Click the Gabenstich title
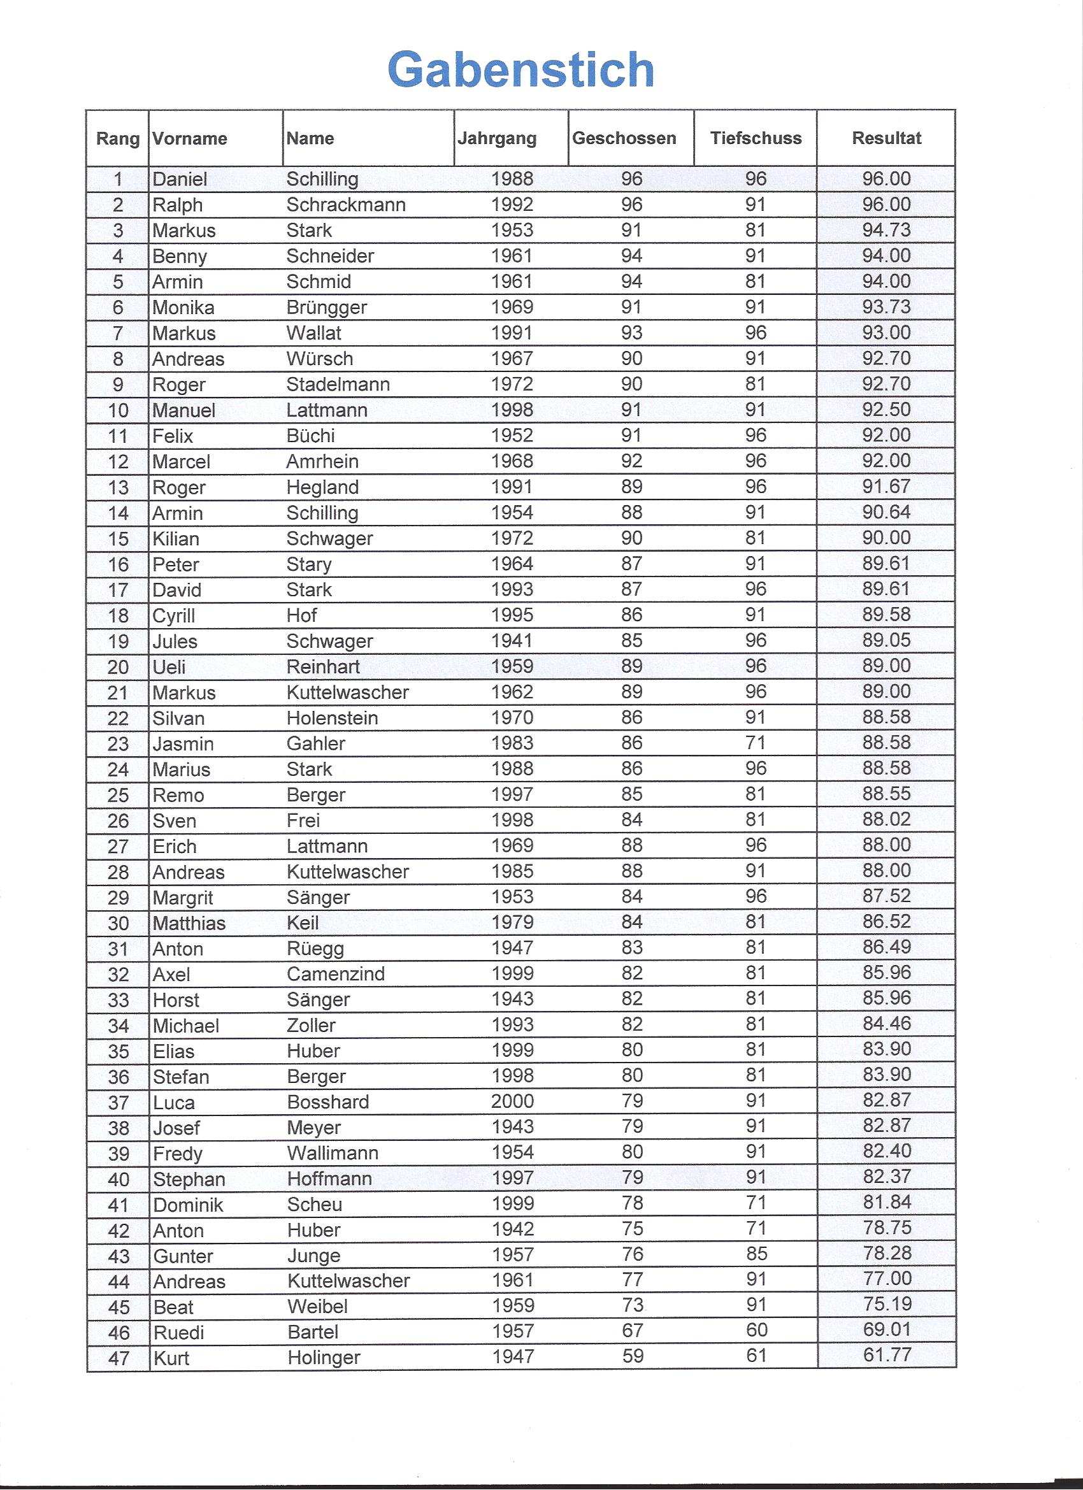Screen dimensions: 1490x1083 click(x=520, y=69)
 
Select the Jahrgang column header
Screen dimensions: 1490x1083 click(x=497, y=139)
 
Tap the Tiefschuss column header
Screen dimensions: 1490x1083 click(x=756, y=138)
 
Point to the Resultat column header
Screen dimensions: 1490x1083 click(x=886, y=138)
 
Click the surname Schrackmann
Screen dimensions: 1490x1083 click(x=346, y=205)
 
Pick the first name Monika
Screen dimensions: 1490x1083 click(x=183, y=308)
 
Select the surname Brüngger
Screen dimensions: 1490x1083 click(x=327, y=308)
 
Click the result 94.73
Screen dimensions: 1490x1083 click(x=886, y=230)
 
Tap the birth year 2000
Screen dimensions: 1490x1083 click(x=512, y=1101)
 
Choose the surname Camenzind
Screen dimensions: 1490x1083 click(x=336, y=973)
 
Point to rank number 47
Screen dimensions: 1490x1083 click(x=118, y=1358)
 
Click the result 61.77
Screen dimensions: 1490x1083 click(x=887, y=1355)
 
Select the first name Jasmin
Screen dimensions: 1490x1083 click(x=183, y=743)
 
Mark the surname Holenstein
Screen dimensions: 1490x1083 click(x=332, y=718)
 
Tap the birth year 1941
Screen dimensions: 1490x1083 click(x=512, y=641)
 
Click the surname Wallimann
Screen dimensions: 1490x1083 click(x=333, y=1153)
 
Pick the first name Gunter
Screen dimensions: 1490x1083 click(x=183, y=1256)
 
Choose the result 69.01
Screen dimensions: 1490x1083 click(x=887, y=1329)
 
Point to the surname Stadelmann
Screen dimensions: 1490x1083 click(x=338, y=384)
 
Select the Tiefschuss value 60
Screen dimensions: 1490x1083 click(x=756, y=1329)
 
